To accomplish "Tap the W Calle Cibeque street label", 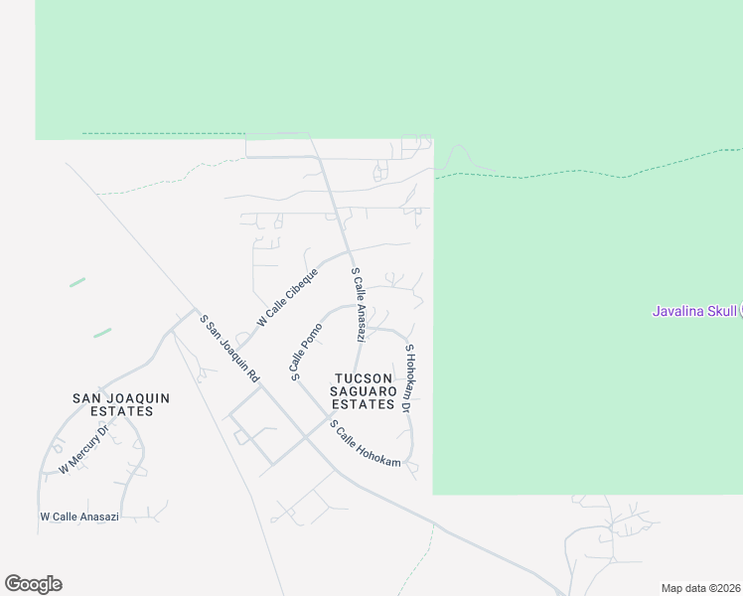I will point(287,297).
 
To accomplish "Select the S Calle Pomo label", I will point(307,352).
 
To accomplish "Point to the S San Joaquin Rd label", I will point(229,349).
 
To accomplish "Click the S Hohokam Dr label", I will point(407,377).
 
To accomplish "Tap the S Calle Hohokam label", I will point(366,444).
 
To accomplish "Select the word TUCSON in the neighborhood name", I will point(364,378).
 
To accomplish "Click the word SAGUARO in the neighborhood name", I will point(364,391).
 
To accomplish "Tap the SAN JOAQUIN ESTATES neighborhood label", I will point(121,404).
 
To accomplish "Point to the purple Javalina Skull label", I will point(694,311).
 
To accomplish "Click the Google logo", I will point(33,584).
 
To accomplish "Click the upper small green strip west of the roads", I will point(77,282).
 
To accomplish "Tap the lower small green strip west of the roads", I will point(102,333).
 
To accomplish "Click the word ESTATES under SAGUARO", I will point(364,404).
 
